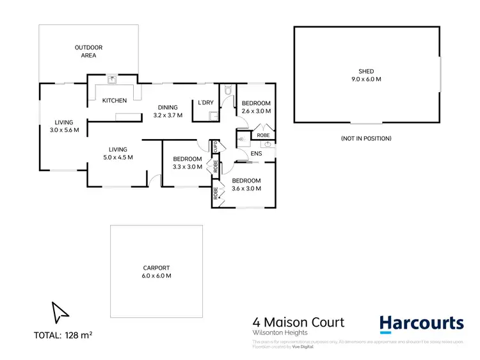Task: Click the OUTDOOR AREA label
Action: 88,51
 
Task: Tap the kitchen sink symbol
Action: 112,80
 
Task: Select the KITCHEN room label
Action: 115,101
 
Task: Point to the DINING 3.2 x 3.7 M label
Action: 168,111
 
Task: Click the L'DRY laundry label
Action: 205,102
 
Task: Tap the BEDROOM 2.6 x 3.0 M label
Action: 256,107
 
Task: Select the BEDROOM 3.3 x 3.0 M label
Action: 187,163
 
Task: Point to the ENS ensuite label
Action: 257,154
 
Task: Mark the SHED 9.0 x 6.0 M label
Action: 366,75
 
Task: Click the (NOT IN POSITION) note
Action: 367,138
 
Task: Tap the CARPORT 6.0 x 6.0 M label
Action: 157,272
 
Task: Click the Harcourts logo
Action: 421,324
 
